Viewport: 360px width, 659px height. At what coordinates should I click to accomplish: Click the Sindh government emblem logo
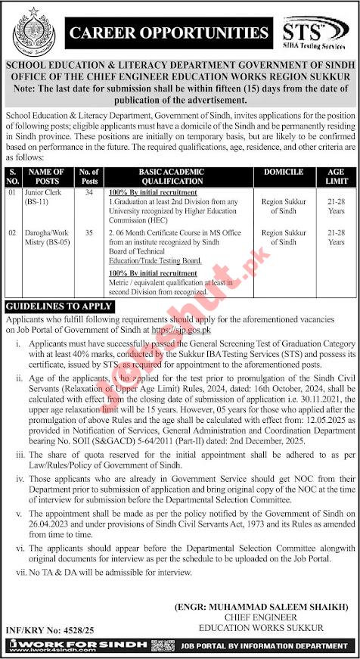[32, 32]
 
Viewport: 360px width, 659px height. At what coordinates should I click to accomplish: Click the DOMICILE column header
[281, 173]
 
